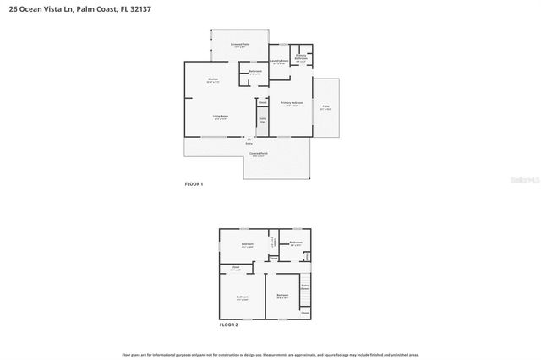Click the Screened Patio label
[239, 45]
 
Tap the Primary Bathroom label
[302, 57]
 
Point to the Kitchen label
[214, 81]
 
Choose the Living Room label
[220, 117]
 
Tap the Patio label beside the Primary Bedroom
[325, 107]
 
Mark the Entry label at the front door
[249, 144]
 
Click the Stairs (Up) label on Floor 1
[262, 120]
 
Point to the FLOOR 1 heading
[194, 183]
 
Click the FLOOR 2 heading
[229, 325]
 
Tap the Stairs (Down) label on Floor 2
[304, 286]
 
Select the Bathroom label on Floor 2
[296, 243]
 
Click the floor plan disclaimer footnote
[270, 354]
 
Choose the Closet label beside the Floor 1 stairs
[262, 102]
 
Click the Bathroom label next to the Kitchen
[255, 72]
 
